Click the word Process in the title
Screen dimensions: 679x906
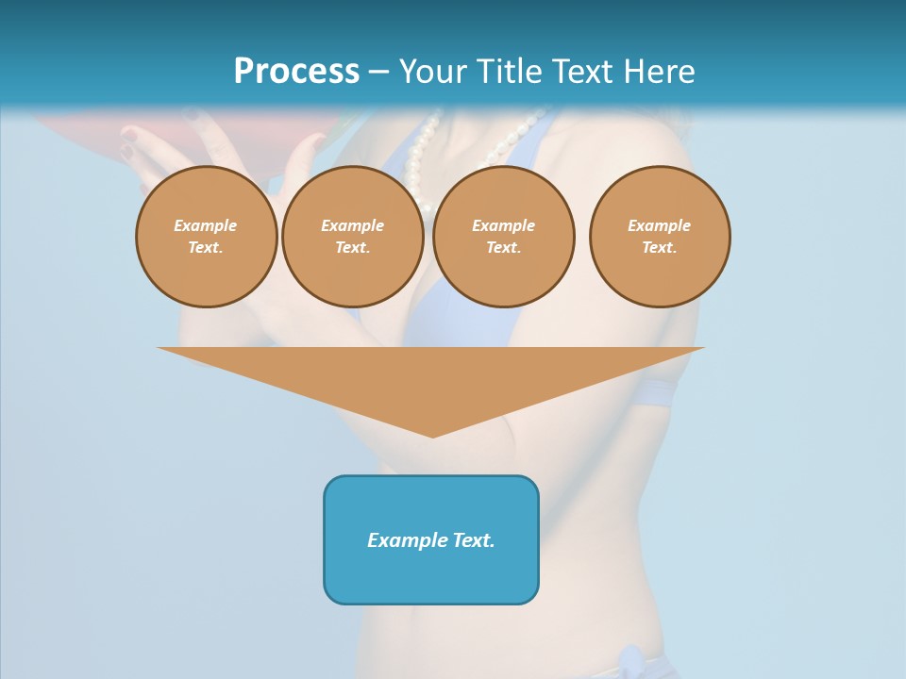[296, 72]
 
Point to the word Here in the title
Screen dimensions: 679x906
[660, 72]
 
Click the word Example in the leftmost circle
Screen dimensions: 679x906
[205, 225]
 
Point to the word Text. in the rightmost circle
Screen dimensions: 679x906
[660, 247]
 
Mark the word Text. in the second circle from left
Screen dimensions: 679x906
[352, 247]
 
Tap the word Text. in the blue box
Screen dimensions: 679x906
[474, 540]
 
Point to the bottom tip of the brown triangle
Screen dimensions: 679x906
[432, 436]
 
